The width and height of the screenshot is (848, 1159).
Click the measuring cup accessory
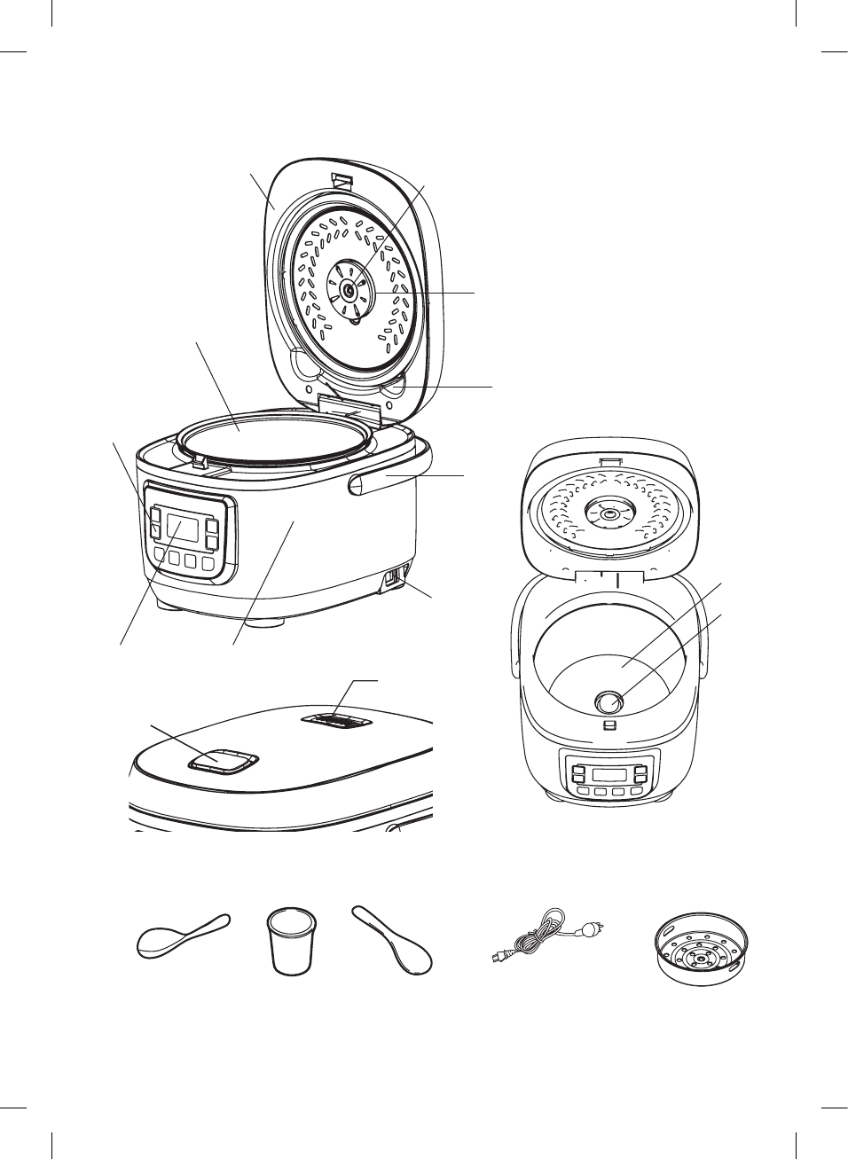(291, 941)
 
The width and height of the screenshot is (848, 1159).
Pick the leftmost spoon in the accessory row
(181, 936)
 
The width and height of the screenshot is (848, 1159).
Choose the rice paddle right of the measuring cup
(393, 939)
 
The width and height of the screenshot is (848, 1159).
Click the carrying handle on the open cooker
(390, 483)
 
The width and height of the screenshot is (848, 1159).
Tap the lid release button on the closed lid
(222, 760)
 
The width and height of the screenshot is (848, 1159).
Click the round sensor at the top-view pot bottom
(608, 701)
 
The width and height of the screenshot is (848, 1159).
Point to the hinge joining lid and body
(349, 411)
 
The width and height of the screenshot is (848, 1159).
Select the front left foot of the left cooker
(168, 606)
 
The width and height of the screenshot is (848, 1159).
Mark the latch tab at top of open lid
(342, 182)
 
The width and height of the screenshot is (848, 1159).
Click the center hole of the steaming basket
(701, 959)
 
